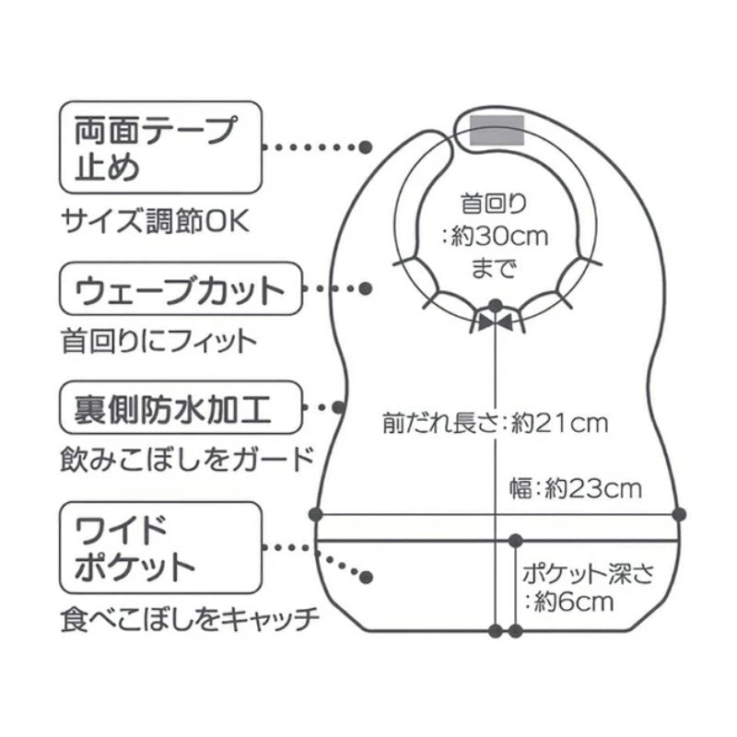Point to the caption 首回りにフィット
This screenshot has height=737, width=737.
click(156, 343)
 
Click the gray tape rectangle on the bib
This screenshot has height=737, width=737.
click(497, 130)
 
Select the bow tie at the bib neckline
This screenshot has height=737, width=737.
click(496, 321)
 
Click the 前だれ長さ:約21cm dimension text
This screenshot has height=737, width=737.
click(495, 425)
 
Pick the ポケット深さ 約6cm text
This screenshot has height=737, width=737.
click(588, 588)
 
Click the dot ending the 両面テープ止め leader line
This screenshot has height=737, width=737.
click(366, 147)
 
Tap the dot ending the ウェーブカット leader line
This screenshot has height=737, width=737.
click(366, 289)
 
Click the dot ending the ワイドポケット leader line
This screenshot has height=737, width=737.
click(366, 578)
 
